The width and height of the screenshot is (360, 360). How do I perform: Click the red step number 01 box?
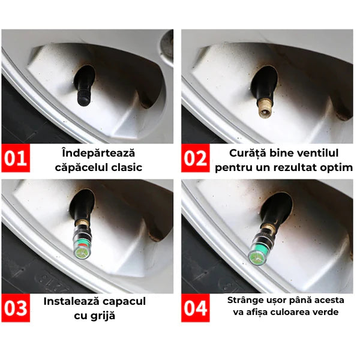click(x=16, y=158)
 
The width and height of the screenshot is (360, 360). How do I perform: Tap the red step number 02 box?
click(x=196, y=158)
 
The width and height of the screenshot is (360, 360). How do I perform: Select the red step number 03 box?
click(x=16, y=308)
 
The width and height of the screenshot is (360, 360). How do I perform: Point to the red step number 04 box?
click(x=196, y=308)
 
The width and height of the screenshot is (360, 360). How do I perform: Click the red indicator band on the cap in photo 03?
click(x=82, y=245)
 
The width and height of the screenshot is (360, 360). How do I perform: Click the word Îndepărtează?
click(x=98, y=153)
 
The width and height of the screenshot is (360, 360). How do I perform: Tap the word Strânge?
click(x=244, y=301)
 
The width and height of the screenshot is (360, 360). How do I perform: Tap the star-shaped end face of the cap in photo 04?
click(x=255, y=258)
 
